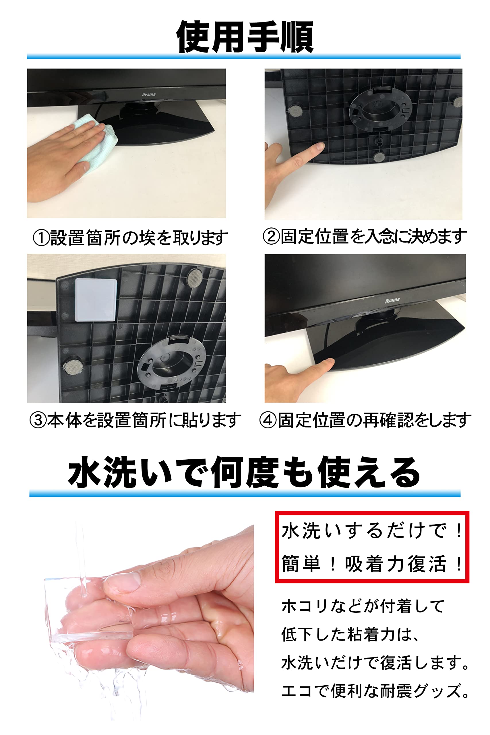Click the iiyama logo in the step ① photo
pos(149,94)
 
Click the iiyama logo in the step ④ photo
pos(392,300)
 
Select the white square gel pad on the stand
pos(96,300)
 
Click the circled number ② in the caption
pos(271,236)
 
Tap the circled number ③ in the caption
pos(38,420)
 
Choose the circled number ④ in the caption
pos(268,420)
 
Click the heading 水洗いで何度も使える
pos(244,472)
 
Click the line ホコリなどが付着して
pos(363,606)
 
